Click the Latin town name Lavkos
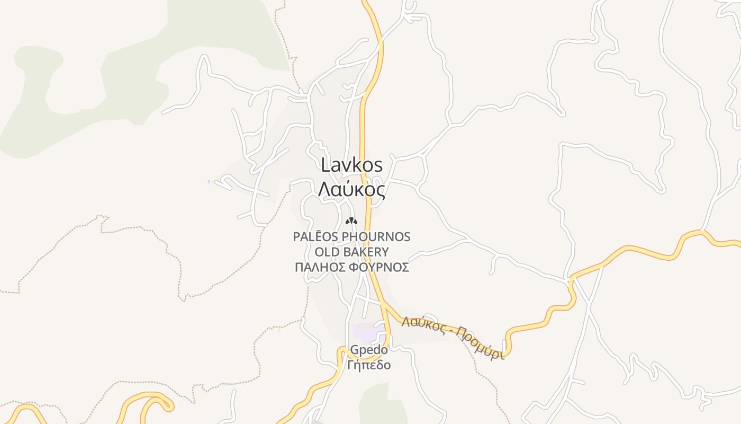click(352, 165)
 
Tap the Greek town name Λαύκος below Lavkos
click(352, 189)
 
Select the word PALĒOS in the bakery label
click(316, 236)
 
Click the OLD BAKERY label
click(352, 252)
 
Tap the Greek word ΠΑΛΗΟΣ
click(320, 267)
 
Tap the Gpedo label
click(369, 350)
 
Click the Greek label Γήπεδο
click(369, 365)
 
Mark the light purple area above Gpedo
click(365, 333)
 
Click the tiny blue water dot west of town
click(209, 182)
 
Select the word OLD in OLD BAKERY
click(327, 252)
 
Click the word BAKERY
click(365, 252)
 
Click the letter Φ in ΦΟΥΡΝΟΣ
click(356, 267)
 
